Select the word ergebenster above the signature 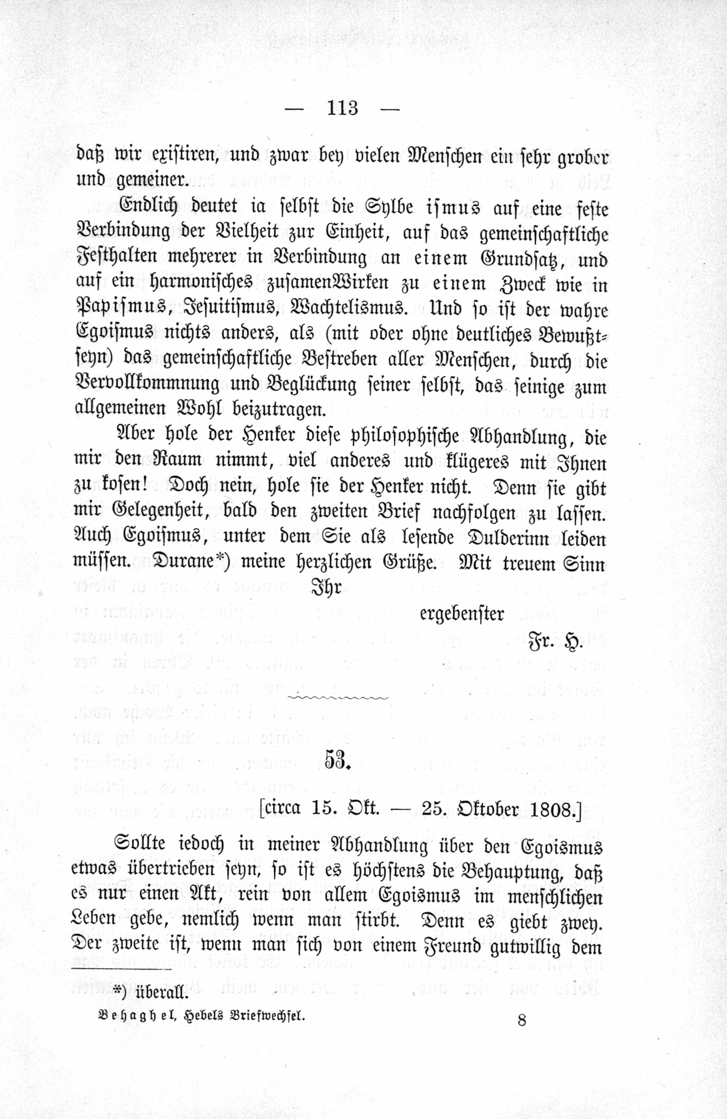tap(462, 614)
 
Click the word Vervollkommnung tap(148, 385)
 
